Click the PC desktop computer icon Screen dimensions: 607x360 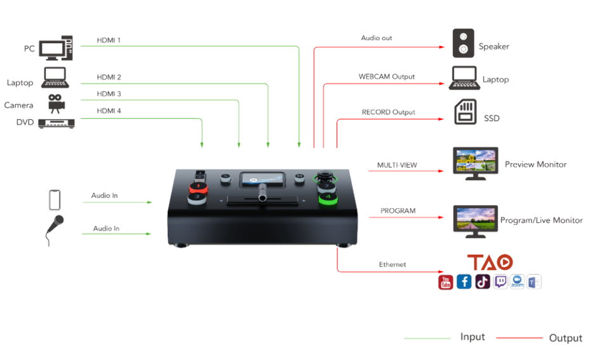point(56,48)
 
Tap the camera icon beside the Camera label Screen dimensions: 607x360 point(56,103)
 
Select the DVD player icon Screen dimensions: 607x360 point(57,123)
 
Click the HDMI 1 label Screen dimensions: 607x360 point(109,40)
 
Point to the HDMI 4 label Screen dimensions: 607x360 point(109,111)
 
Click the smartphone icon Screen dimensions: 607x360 point(55,200)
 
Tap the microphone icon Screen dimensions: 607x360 point(55,230)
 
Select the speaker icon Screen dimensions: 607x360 point(464,43)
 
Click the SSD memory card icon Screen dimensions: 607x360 point(465,112)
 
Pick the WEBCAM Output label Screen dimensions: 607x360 point(387,77)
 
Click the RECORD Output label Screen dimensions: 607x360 point(389,112)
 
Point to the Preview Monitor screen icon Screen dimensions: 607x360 point(476,163)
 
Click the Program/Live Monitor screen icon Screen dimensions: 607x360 point(476,222)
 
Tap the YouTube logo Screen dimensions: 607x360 point(446,282)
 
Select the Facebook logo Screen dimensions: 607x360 point(464,282)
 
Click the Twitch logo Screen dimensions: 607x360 point(500,281)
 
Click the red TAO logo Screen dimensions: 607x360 point(490,262)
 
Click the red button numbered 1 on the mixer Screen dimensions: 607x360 point(198,188)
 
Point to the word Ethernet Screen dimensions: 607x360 point(392,264)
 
